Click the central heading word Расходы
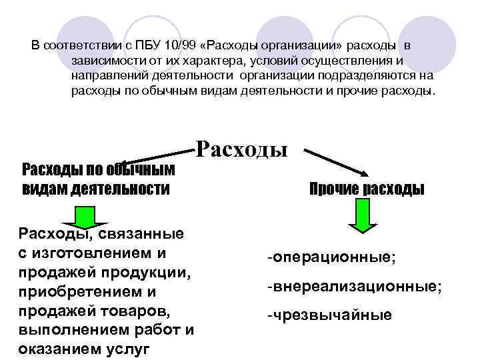[241, 149]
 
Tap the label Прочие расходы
[367, 189]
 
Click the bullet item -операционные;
[331, 257]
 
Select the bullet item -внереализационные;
[354, 287]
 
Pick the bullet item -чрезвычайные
[329, 315]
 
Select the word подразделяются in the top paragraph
[374, 75]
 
